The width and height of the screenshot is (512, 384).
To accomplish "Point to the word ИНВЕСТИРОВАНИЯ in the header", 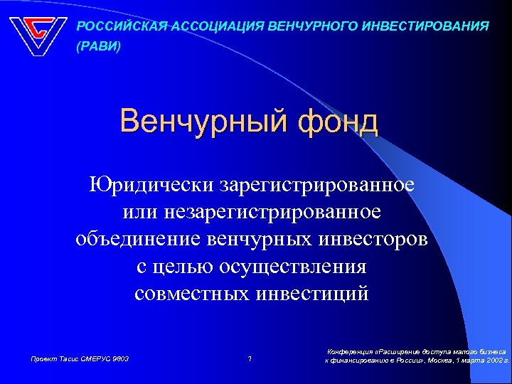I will point(425,26).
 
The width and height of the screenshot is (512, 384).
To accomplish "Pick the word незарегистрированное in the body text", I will point(281,212).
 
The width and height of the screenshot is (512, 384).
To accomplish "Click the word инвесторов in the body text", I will point(373,239).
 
